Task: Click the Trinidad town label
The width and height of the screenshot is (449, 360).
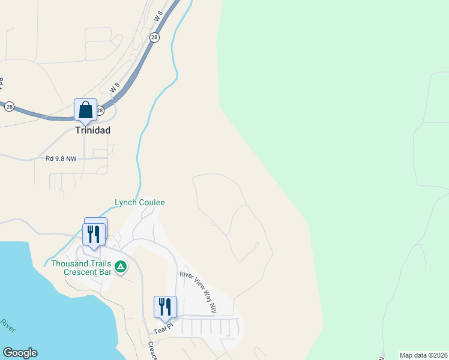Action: tap(92, 130)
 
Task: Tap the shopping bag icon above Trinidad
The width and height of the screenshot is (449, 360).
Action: tap(85, 110)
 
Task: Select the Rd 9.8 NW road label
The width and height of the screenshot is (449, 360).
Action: tap(61, 159)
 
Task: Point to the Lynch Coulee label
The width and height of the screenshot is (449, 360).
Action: tap(139, 203)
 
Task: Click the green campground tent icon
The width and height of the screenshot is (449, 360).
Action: tap(121, 266)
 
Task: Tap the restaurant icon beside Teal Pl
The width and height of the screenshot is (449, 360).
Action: tap(164, 307)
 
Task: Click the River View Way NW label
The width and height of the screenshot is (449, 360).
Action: tap(197, 292)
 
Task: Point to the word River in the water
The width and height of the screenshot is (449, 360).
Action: tap(8, 326)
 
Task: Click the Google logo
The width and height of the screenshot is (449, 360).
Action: tap(20, 353)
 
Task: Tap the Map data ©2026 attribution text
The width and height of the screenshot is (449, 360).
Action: tap(423, 355)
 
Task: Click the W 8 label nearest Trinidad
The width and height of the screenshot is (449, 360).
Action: tap(115, 87)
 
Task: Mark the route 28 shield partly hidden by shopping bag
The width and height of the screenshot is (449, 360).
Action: tap(100, 110)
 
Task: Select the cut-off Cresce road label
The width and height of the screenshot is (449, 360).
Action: tap(152, 350)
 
